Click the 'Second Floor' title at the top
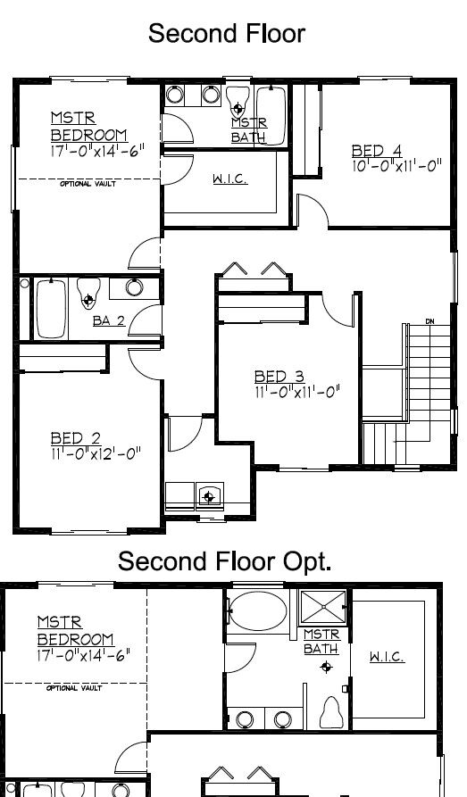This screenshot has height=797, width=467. (226, 34)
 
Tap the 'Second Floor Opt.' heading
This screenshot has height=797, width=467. (224, 561)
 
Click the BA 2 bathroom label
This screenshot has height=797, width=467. (108, 320)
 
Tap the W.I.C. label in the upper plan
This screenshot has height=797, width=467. (229, 179)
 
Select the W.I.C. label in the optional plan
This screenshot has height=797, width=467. (387, 657)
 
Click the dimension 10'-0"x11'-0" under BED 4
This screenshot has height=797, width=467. (397, 165)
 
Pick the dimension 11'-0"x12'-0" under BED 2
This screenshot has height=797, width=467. (96, 452)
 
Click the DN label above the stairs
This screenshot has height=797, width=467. (429, 321)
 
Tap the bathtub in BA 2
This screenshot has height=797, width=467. (51, 307)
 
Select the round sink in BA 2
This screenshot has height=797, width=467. (134, 287)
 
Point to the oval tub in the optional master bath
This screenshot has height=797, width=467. (257, 614)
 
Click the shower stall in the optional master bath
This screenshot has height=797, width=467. (322, 607)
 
